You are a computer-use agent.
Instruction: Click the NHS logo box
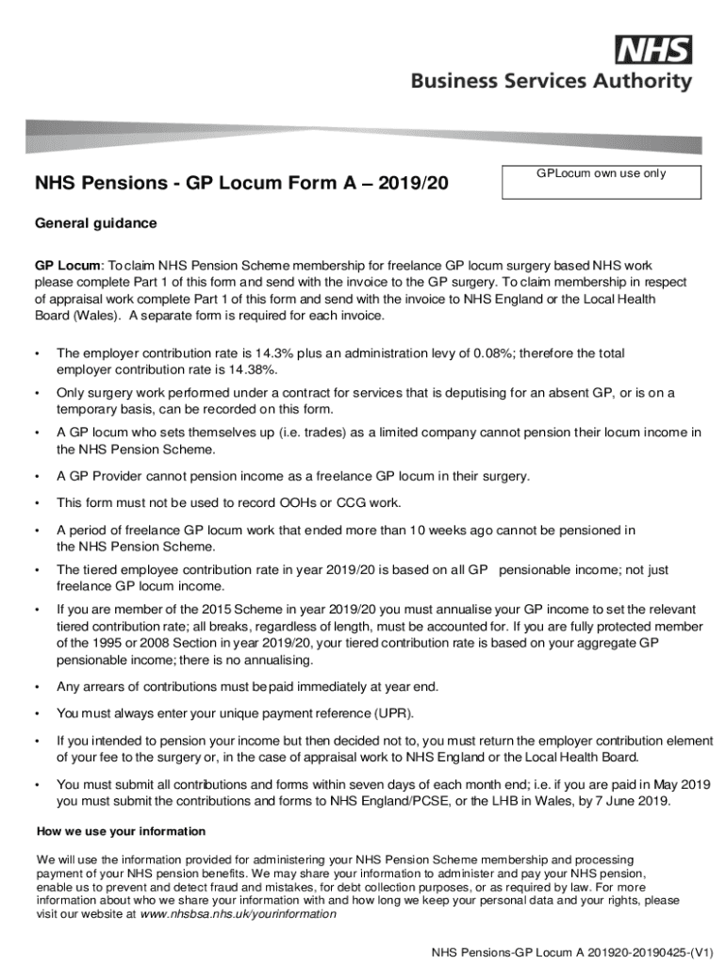pyautogui.click(x=653, y=50)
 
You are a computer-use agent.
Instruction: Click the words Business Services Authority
pyautogui.click(x=551, y=82)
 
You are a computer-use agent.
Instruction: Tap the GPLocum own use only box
pyautogui.click(x=602, y=182)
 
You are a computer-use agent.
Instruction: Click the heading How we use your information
pyautogui.click(x=121, y=831)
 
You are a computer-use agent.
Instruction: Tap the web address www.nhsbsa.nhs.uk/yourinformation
pyautogui.click(x=238, y=913)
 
